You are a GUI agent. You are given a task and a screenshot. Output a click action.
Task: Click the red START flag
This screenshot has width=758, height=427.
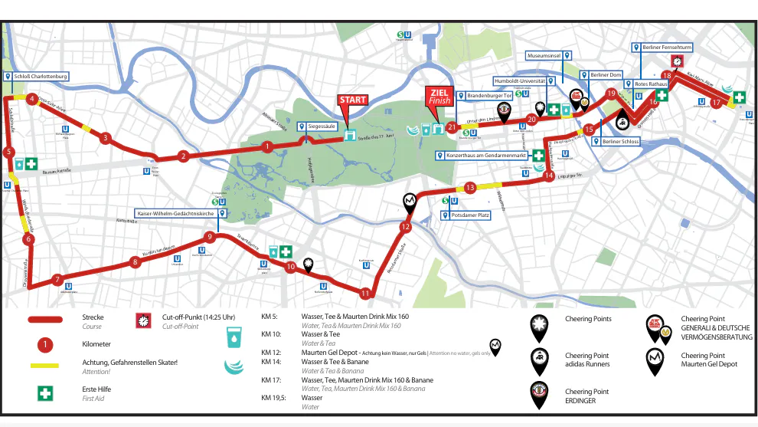(353, 100)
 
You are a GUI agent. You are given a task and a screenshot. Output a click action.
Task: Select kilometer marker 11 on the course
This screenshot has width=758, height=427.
(365, 293)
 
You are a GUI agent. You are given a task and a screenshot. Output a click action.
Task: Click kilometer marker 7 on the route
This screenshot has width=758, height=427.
(57, 280)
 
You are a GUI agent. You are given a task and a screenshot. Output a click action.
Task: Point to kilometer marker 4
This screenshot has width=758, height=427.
(32, 99)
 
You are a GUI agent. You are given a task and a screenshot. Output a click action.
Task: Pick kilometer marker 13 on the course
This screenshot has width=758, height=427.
(470, 188)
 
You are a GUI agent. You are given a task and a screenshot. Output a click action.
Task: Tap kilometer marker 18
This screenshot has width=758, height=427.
(667, 76)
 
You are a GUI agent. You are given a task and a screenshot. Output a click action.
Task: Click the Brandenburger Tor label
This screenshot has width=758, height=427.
(484, 96)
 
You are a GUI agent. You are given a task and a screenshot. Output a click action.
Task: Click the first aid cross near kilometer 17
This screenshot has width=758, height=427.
(740, 97)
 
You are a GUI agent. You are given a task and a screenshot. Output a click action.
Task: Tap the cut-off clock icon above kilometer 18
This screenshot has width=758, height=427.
(677, 61)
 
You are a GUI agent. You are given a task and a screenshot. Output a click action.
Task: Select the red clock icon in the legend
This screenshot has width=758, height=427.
(142, 321)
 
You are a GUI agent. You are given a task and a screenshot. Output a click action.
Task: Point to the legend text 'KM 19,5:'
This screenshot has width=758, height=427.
(275, 397)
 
